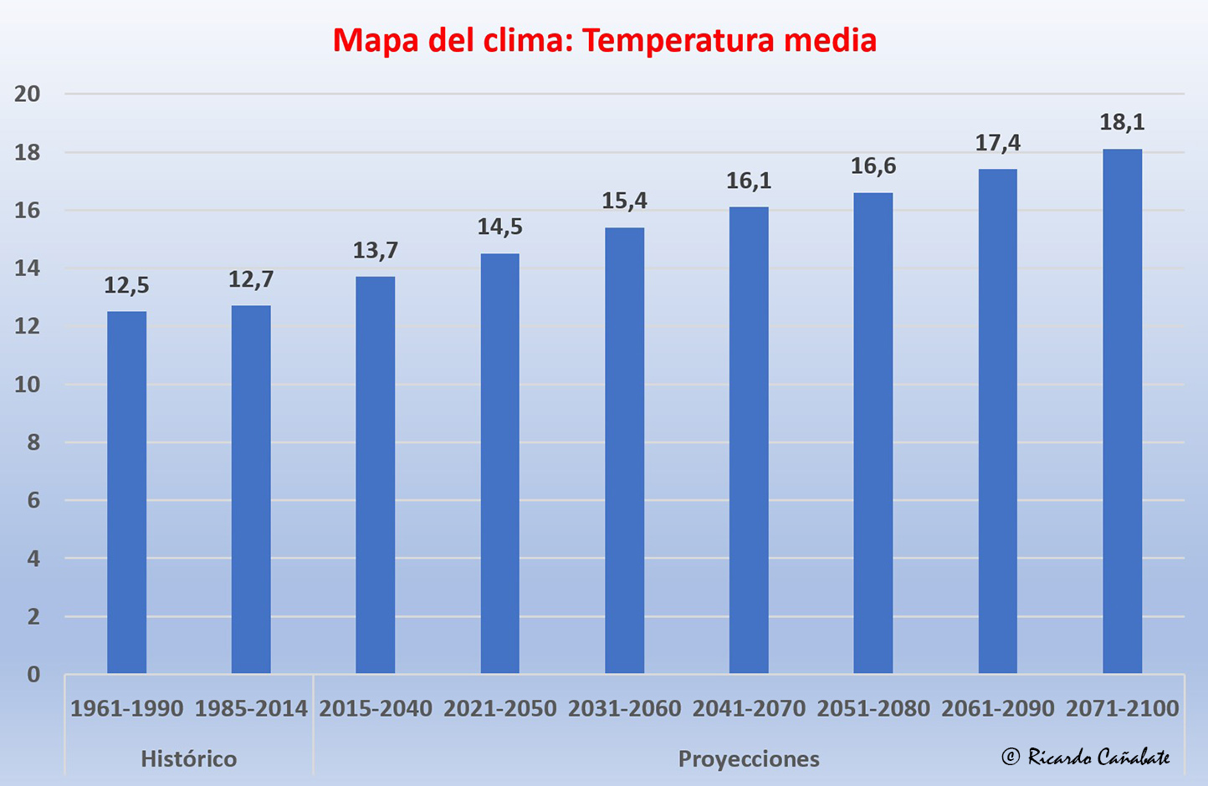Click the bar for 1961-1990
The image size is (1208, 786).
(126, 493)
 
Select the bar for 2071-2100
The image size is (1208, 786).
(1122, 411)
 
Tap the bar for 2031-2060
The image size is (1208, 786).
(624, 451)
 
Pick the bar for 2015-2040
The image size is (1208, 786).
(375, 475)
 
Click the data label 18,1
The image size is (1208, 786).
(1122, 122)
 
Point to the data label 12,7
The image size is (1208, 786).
(251, 279)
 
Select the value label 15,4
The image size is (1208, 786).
(624, 201)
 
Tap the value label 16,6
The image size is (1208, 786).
(873, 166)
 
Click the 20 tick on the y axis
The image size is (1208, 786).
(28, 94)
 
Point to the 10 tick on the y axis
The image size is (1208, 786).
(28, 385)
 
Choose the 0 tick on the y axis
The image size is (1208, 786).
(33, 674)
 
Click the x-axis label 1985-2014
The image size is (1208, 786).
(251, 709)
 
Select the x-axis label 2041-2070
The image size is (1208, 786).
(749, 709)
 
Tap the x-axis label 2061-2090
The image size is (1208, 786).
(997, 709)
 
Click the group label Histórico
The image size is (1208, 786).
(188, 759)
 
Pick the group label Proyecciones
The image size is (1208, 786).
(749, 759)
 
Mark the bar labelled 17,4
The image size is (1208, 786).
(997, 421)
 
